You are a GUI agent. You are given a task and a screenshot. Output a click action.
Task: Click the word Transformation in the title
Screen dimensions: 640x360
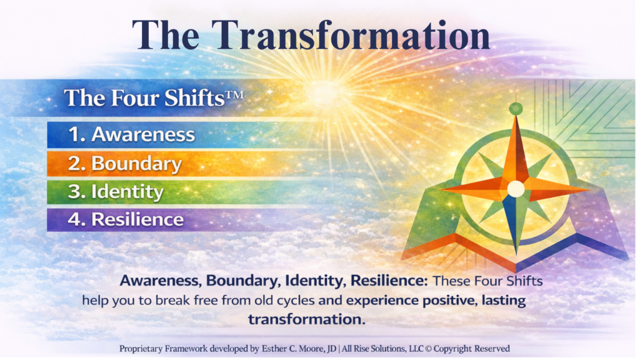tap(351, 36)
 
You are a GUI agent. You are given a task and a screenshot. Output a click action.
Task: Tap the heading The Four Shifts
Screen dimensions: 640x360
tap(154, 98)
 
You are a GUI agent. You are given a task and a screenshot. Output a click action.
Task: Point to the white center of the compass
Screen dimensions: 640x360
tap(516, 189)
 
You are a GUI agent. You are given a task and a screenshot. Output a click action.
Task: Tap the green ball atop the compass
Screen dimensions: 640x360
tap(516, 109)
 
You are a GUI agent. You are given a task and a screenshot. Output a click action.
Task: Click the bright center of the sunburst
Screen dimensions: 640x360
tap(325, 92)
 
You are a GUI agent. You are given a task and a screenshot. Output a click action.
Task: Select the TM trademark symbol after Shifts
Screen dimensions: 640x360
tap(234, 96)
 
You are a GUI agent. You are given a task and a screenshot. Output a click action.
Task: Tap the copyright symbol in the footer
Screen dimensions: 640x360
tap(428, 349)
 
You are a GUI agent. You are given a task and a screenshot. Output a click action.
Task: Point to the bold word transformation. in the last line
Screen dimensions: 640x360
tap(306, 319)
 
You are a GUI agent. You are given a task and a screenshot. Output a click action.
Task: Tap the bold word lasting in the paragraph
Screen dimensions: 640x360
tap(504, 301)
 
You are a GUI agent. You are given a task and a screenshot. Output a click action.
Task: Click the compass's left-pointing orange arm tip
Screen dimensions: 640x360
tap(442, 190)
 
